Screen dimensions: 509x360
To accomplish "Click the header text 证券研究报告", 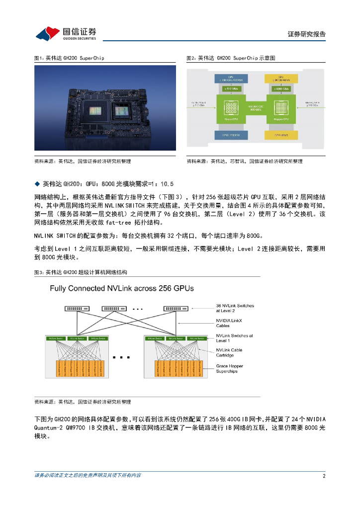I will pyautogui.click(x=306, y=34).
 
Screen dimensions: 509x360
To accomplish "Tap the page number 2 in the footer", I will pyautogui.click(x=324, y=476).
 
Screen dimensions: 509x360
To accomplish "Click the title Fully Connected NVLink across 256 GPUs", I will pyautogui.click(x=121, y=288).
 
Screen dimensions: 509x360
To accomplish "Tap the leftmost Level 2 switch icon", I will pyautogui.click(x=75, y=309).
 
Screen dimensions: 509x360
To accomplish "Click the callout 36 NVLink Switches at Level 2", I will pyautogui.click(x=235, y=308).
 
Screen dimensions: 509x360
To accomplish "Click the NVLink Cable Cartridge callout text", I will pyautogui.click(x=229, y=352).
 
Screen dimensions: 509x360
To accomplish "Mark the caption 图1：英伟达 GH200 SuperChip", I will pyautogui.click(x=69, y=58).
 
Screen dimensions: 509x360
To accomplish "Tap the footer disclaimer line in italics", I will pyautogui.click(x=88, y=476).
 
